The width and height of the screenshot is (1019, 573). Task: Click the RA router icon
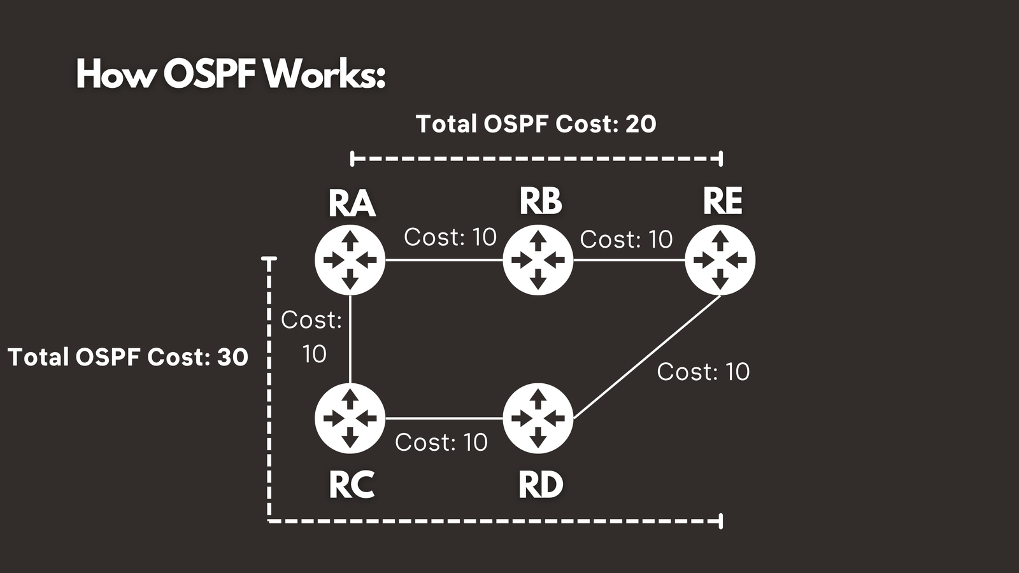pyautogui.click(x=350, y=260)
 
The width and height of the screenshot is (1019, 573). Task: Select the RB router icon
pyautogui.click(x=538, y=260)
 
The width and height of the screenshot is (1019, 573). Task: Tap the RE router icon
pyautogui.click(x=720, y=260)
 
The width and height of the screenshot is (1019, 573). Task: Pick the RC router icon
pyautogui.click(x=350, y=418)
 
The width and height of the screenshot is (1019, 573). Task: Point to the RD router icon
pyautogui.click(x=538, y=418)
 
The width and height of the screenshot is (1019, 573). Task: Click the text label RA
pyautogui.click(x=352, y=204)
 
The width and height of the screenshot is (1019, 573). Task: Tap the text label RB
pyautogui.click(x=541, y=201)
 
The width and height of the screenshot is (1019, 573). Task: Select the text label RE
pyautogui.click(x=722, y=201)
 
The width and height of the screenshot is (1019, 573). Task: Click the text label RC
pyautogui.click(x=351, y=485)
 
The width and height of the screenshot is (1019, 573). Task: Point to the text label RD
pyautogui.click(x=541, y=485)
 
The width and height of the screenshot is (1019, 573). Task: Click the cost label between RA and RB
pyautogui.click(x=450, y=237)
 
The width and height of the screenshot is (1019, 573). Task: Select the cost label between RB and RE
pyautogui.click(x=626, y=239)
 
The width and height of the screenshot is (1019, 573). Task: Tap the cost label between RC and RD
pyautogui.click(x=441, y=442)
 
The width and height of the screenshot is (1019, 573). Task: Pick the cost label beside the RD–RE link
pyautogui.click(x=703, y=372)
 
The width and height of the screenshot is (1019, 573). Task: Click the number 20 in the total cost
pyautogui.click(x=641, y=124)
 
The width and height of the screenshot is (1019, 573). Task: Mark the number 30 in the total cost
pyautogui.click(x=232, y=357)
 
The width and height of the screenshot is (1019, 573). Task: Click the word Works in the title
pyautogui.click(x=324, y=74)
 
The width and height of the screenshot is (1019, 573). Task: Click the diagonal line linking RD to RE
pyautogui.click(x=646, y=357)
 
